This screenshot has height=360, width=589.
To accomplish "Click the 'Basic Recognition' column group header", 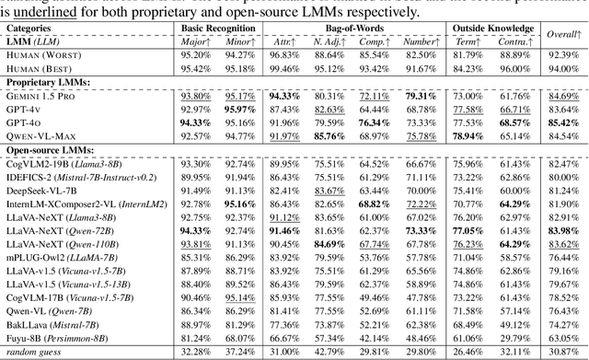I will (x=216, y=29).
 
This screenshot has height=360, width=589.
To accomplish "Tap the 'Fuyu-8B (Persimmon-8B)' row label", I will (x=58, y=339).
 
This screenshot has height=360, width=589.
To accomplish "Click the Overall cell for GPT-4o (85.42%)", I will (x=562, y=122).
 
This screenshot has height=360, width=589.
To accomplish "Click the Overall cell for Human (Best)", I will (x=563, y=68).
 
